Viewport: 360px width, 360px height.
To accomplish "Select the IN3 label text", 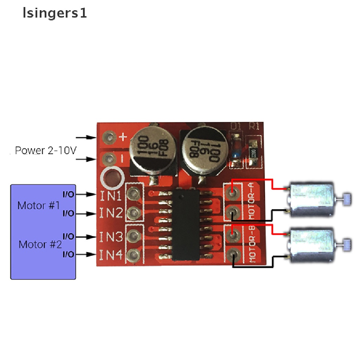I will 111,237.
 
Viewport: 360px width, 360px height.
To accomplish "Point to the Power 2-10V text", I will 46,151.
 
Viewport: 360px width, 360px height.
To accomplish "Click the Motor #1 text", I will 39,205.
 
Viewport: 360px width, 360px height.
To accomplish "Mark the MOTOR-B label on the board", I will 252,245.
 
